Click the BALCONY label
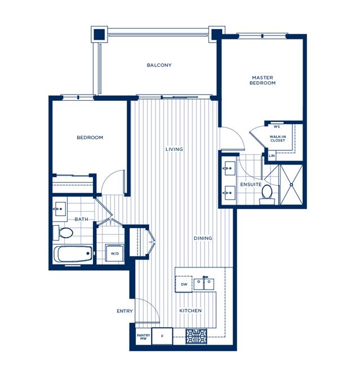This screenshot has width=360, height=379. [159, 65]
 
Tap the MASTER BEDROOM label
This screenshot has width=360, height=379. [263, 80]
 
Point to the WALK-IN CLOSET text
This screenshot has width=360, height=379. [278, 139]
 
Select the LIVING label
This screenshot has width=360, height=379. [174, 149]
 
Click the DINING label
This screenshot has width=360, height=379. [203, 238]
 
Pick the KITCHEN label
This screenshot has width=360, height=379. [190, 311]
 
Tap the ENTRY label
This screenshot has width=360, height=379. [125, 311]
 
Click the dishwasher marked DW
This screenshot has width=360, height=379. [184, 284]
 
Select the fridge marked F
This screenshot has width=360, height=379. [162, 336]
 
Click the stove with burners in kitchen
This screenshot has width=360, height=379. [196, 336]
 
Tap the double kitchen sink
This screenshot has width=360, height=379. [204, 284]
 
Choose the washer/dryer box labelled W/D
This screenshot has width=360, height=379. [114, 253]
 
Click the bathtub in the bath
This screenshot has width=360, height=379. [73, 254]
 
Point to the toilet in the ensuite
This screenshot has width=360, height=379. [267, 195]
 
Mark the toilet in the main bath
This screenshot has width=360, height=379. [63, 233]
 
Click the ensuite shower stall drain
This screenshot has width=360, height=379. [292, 185]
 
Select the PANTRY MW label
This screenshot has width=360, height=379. [143, 337]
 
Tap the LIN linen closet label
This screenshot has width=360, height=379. [272, 156]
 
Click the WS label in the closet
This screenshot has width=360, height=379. [277, 127]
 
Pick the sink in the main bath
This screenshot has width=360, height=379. [59, 209]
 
